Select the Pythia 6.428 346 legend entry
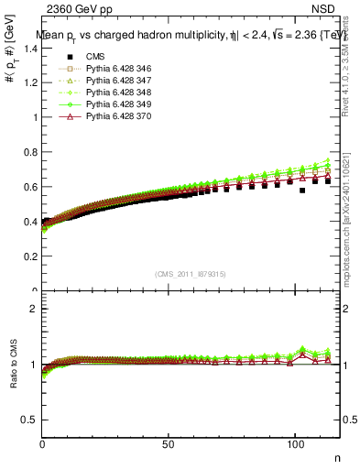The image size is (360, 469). click(x=108, y=69)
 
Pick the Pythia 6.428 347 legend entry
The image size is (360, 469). click(x=108, y=81)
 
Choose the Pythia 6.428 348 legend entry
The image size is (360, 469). click(x=108, y=93)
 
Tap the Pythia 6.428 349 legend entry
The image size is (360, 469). click(x=108, y=104)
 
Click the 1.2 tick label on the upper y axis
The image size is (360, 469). click(x=30, y=82)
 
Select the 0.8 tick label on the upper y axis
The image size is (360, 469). click(x=30, y=152)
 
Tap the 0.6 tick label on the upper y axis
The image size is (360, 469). click(x=30, y=187)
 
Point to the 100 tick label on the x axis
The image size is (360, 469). click(x=294, y=443)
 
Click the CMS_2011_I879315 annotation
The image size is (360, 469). click(x=191, y=274)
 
